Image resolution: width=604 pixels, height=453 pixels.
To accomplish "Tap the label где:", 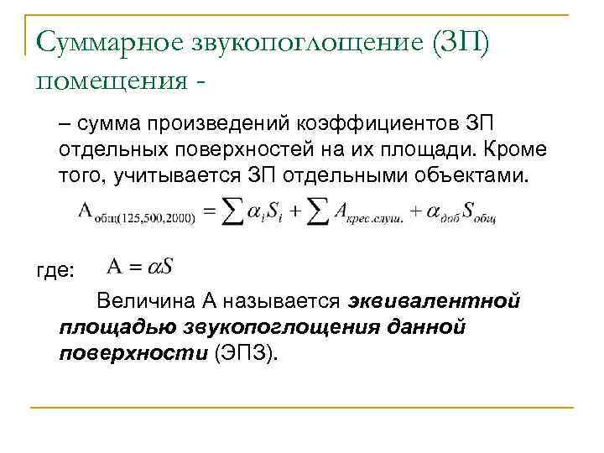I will coord(56,271).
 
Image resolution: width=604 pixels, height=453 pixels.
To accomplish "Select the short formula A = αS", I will coord(140,268).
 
